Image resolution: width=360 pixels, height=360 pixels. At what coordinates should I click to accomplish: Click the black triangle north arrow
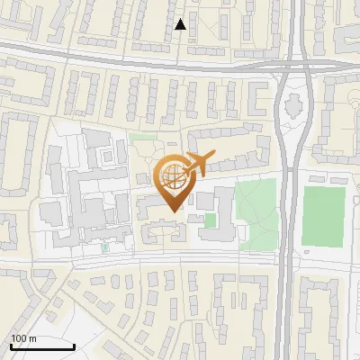[180, 24]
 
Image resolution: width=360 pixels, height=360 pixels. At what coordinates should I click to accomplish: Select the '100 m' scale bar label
[24, 338]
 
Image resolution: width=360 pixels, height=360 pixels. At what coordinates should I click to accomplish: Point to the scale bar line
[41, 346]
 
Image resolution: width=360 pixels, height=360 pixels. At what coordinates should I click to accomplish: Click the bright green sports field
[322, 216]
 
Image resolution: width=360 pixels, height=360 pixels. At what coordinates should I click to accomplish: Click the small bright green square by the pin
[210, 220]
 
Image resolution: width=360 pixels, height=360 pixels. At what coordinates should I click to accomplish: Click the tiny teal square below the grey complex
[104, 247]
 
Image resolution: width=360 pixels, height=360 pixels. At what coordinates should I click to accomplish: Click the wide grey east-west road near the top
[135, 61]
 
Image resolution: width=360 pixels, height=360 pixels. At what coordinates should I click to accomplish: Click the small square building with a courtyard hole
[108, 155]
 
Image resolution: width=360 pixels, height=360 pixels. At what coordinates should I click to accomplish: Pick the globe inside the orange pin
[173, 175]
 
